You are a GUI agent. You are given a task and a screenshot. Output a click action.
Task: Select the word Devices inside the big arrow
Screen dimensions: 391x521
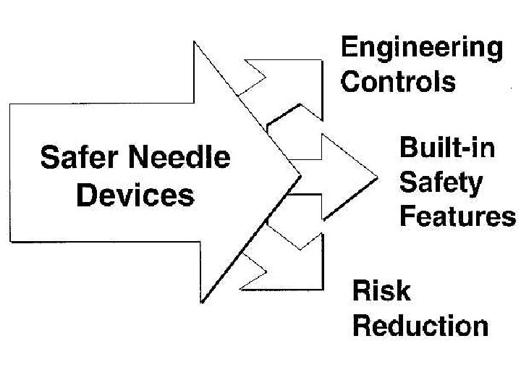point(135,194)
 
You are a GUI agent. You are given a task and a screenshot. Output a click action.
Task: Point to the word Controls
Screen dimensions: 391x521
point(398,81)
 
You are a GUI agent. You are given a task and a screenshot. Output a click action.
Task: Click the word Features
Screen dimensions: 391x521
point(457,216)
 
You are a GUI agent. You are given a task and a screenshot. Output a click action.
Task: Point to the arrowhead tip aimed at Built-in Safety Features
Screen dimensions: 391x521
point(376,176)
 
